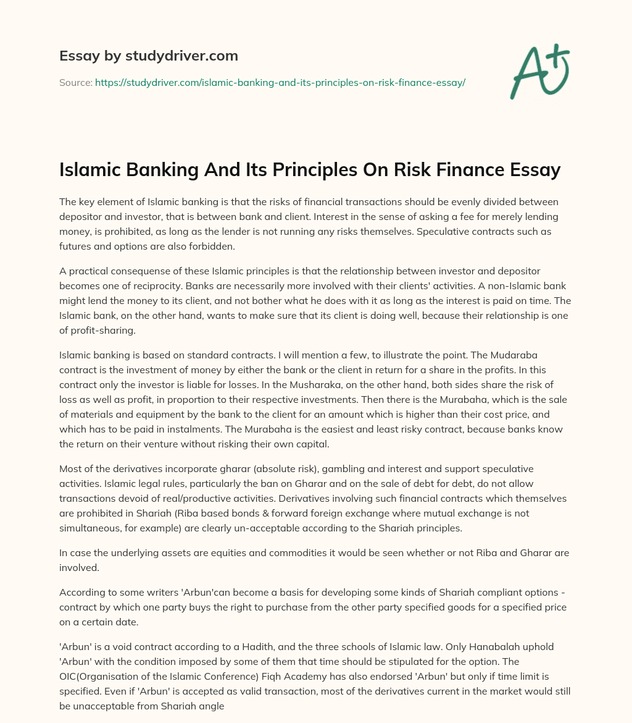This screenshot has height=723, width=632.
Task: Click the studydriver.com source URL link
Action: coord(280,82)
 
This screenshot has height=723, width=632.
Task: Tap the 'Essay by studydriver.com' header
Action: coord(149,56)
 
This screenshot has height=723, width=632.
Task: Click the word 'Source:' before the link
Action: coord(75,82)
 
